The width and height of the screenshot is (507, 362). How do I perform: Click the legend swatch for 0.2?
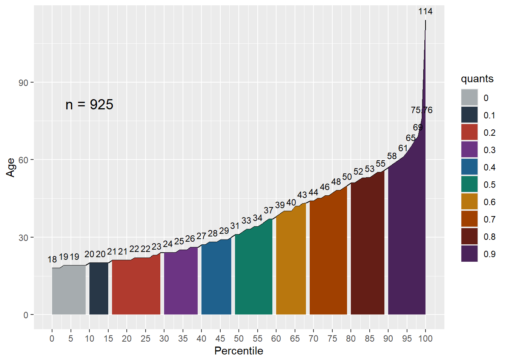[x=469, y=132]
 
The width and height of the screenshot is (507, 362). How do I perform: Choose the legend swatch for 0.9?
[x=469, y=254]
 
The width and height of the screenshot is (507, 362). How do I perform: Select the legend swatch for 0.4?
[x=469, y=167]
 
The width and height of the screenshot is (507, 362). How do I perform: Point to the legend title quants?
[x=477, y=79]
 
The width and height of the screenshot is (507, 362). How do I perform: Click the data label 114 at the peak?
[x=425, y=11]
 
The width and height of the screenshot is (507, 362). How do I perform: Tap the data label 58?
[x=392, y=156]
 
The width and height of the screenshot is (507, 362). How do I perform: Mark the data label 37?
[x=269, y=210]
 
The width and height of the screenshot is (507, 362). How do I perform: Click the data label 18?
[x=52, y=259]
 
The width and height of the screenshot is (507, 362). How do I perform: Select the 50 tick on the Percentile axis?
[x=239, y=339]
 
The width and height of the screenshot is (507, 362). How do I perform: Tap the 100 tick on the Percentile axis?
[x=426, y=339]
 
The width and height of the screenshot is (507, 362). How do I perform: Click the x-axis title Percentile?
[x=239, y=351]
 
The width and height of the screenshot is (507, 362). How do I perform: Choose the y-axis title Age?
[x=11, y=167]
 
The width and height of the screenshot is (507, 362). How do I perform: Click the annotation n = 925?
[x=89, y=104]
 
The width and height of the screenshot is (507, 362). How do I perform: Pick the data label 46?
[x=325, y=187]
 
